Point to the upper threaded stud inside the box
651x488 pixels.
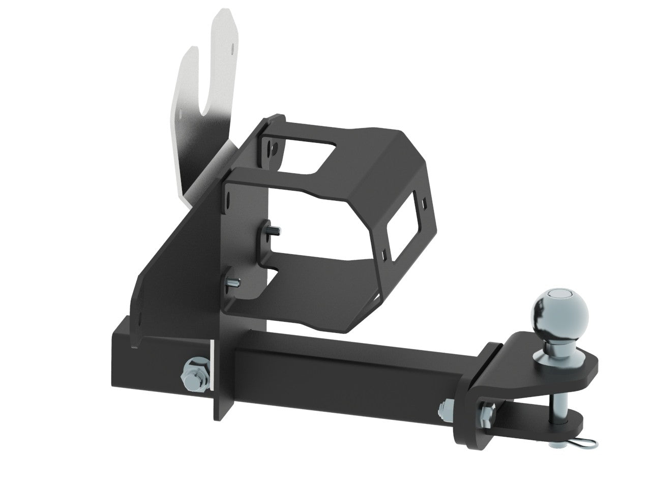273,232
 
